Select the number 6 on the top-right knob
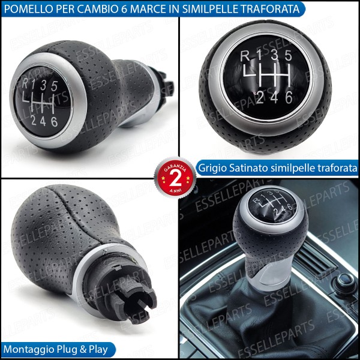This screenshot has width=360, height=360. click(x=290, y=95)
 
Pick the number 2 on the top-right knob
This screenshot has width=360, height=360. click(x=259, y=95)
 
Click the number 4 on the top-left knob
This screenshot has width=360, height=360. click(x=43, y=122)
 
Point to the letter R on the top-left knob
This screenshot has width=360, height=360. click(x=26, y=84)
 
